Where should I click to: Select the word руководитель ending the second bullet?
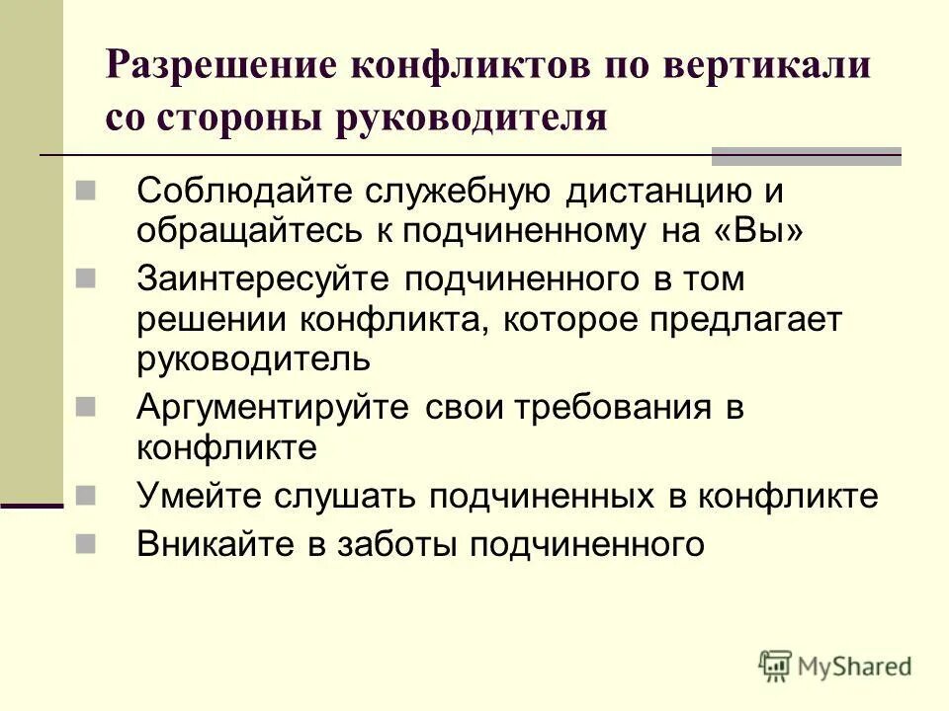254,358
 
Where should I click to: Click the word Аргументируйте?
273,407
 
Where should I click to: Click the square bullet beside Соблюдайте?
85,187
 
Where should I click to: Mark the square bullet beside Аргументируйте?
85,405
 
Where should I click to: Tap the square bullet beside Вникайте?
85,541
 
